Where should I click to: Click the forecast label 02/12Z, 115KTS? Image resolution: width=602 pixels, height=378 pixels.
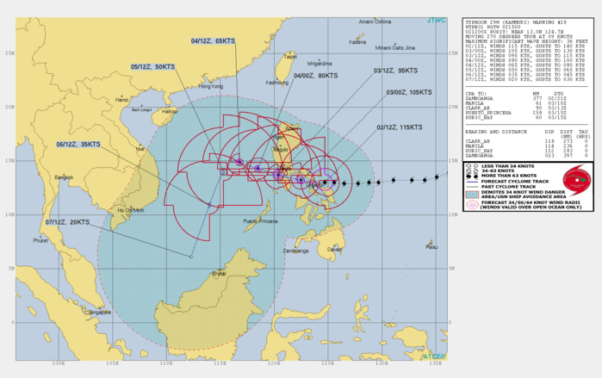[x=398, y=127]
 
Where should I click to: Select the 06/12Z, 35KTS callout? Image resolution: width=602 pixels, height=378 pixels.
[x=78, y=145]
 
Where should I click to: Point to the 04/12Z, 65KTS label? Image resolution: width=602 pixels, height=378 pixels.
[x=213, y=40]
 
